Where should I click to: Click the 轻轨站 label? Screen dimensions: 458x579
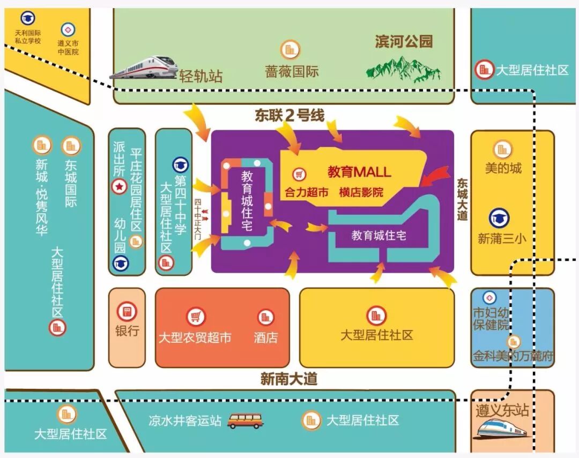(201, 76)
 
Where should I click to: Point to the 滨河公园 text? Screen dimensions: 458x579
(403, 42)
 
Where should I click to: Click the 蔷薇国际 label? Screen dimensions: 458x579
(292, 71)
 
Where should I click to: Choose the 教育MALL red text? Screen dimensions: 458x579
(359, 172)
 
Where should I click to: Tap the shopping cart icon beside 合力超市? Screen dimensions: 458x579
(299, 175)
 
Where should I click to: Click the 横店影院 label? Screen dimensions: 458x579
(361, 192)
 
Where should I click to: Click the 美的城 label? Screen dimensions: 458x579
(503, 168)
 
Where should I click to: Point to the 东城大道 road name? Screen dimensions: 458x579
(463, 199)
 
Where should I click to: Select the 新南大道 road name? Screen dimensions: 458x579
(289, 379)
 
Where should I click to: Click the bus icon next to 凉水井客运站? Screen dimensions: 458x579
(245, 421)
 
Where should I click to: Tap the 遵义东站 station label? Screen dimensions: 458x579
(502, 410)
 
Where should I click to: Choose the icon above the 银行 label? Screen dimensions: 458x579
(127, 311)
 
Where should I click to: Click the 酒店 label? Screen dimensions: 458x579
(265, 337)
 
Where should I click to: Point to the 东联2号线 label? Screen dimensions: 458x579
(289, 115)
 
